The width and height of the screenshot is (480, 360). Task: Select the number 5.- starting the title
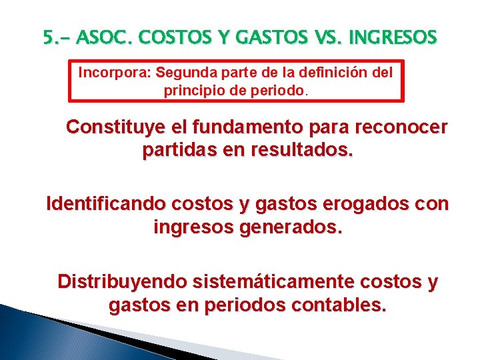click(57, 39)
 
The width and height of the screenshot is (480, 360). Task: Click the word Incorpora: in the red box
click(115, 72)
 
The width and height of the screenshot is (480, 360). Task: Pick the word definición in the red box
click(335, 72)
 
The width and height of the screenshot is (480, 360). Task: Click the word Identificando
click(105, 203)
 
